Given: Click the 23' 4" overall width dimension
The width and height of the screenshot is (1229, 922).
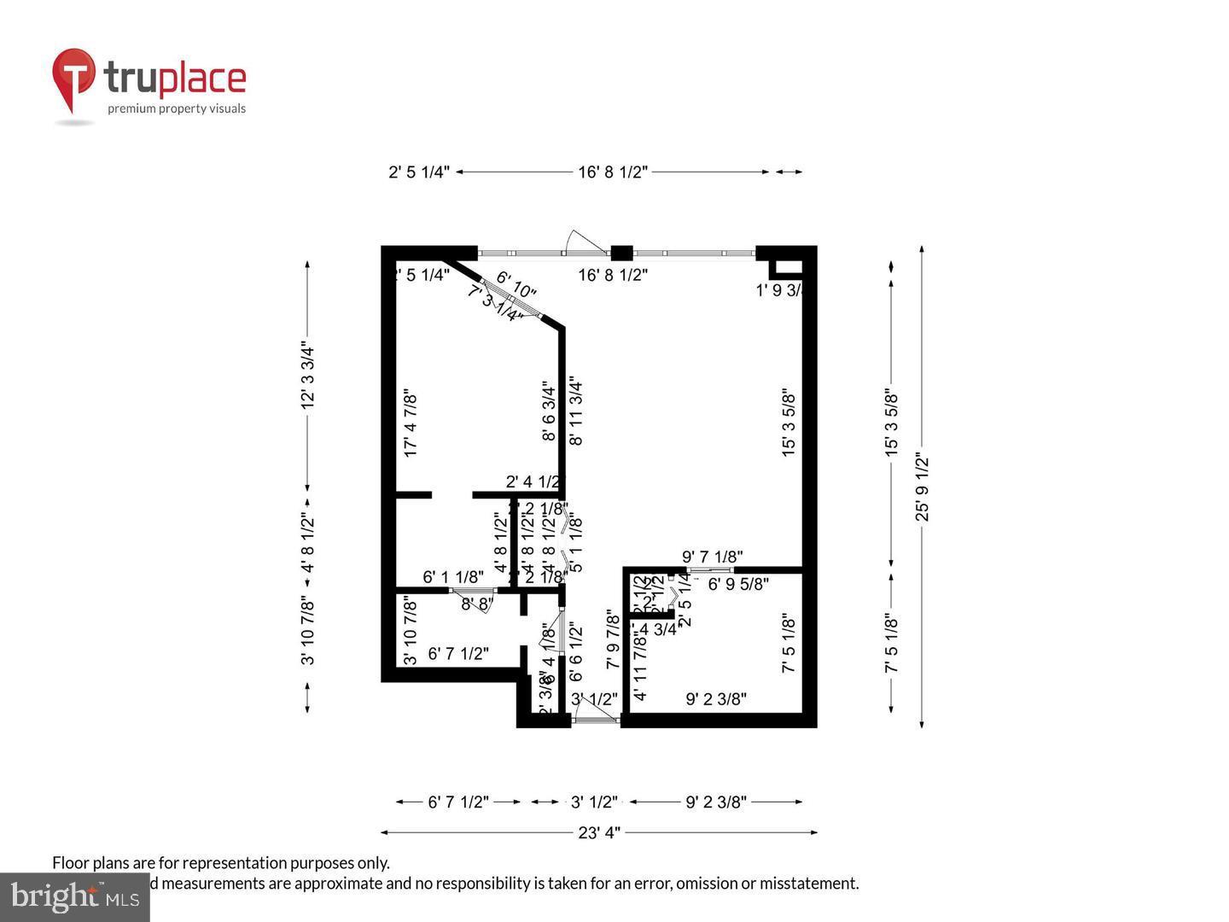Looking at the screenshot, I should [598, 832].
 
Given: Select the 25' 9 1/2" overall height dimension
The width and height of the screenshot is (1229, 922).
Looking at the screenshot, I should [922, 487].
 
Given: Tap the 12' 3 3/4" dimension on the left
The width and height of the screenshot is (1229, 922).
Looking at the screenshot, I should [308, 376].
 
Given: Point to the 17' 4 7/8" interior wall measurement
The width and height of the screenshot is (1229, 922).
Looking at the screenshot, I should [411, 424].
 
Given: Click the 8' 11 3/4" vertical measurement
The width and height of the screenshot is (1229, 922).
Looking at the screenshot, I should [576, 412].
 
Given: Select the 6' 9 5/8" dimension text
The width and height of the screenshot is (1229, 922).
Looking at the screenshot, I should [738, 585].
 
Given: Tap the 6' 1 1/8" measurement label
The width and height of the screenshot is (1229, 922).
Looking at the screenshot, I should [453, 577].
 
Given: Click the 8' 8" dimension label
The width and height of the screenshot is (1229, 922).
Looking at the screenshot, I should [477, 604].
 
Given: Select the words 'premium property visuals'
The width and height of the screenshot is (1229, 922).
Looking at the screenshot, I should [177, 108].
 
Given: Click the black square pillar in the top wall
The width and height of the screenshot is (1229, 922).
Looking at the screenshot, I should [622, 253].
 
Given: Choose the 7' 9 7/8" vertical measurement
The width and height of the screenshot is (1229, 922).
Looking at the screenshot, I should [612, 639].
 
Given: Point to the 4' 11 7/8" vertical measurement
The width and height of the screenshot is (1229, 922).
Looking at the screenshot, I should [640, 668].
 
